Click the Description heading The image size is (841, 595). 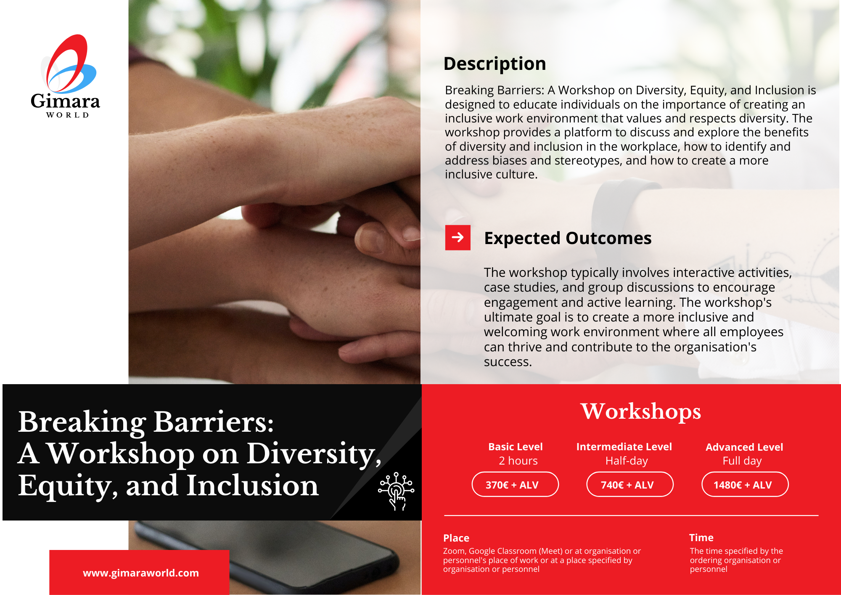(495, 64)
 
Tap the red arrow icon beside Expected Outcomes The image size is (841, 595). (458, 238)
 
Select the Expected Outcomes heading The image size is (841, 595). (568, 238)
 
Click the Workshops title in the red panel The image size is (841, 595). (641, 411)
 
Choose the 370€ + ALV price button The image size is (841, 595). (515, 484)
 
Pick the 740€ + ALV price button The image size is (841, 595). (630, 484)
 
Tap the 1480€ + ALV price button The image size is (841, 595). (745, 484)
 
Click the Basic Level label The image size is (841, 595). (516, 447)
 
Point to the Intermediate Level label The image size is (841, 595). (624, 447)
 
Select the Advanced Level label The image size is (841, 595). (744, 447)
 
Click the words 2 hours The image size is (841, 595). (518, 461)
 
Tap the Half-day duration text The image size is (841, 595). (627, 461)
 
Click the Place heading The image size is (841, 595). (456, 538)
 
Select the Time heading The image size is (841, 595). (701, 538)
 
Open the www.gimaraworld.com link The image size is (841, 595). (141, 573)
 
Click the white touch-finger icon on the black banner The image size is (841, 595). (396, 491)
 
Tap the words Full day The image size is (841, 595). (742, 461)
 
